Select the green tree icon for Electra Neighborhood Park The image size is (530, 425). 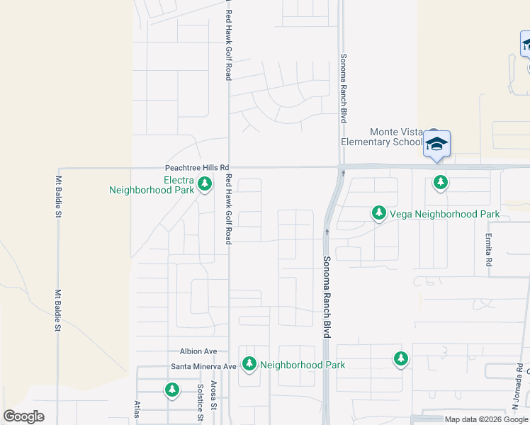(205, 185)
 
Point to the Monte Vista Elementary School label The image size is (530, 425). (382, 137)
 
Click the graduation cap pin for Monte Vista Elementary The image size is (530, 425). (436, 144)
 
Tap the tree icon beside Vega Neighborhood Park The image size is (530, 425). (379, 213)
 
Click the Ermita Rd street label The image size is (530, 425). (489, 250)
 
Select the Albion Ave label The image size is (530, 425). (198, 351)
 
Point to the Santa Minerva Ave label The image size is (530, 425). (203, 366)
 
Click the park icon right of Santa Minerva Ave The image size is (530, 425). (249, 364)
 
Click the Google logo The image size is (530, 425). (24, 416)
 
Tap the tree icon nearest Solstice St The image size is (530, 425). (171, 390)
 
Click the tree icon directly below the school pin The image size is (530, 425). (441, 183)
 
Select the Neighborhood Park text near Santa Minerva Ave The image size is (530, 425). (303, 365)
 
